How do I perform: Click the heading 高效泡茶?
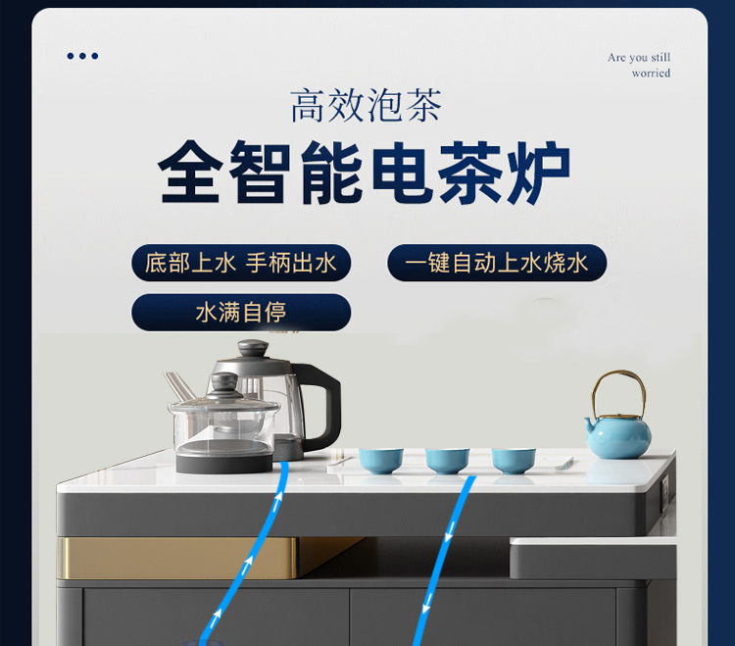367,106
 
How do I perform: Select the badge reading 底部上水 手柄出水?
241,263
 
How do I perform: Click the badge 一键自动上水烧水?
497,263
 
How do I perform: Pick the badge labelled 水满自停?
241,313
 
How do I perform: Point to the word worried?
651,74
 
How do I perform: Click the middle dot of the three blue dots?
83,56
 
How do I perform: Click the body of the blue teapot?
617,437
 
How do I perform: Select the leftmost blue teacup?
380,461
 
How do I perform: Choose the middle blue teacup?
447,461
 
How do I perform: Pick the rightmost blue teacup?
514,461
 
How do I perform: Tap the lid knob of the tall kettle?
253,348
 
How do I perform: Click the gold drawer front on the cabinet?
178,558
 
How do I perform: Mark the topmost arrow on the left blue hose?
278,500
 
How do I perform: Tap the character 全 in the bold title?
190,173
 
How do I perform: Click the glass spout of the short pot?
178,386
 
